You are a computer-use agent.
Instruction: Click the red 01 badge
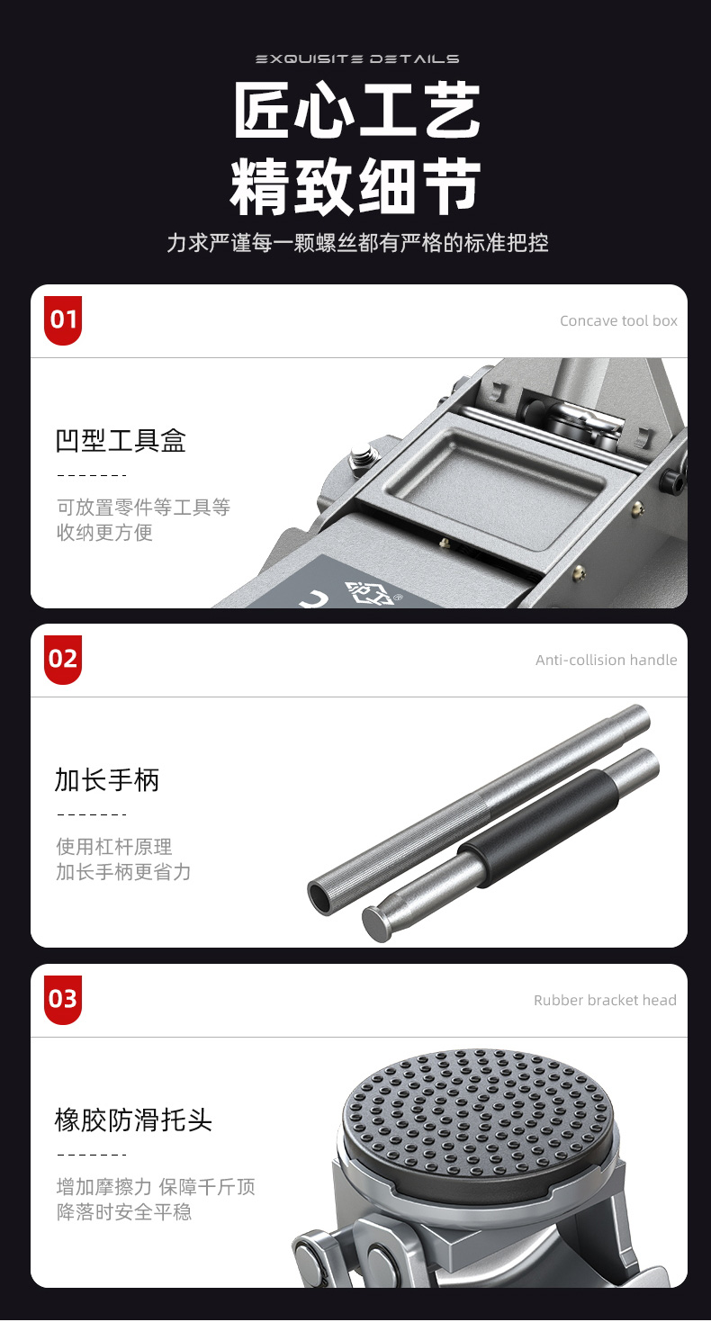(62, 319)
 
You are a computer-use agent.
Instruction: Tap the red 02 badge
(62, 660)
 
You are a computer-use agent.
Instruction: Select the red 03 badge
(62, 999)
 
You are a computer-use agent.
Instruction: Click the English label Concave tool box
(618, 321)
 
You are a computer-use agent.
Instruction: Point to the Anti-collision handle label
(606, 660)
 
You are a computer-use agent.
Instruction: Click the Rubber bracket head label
(605, 1000)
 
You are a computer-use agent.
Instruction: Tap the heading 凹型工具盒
(121, 440)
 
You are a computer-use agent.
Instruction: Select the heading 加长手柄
(107, 779)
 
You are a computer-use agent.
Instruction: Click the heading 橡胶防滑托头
(133, 1120)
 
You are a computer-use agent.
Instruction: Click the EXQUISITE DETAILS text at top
(357, 58)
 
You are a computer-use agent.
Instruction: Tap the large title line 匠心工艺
(357, 111)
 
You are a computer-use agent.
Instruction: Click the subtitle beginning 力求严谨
(357, 243)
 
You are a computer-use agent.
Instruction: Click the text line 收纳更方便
(104, 533)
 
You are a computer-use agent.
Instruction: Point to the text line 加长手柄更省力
(123, 872)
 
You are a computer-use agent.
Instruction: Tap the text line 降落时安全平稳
(124, 1211)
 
